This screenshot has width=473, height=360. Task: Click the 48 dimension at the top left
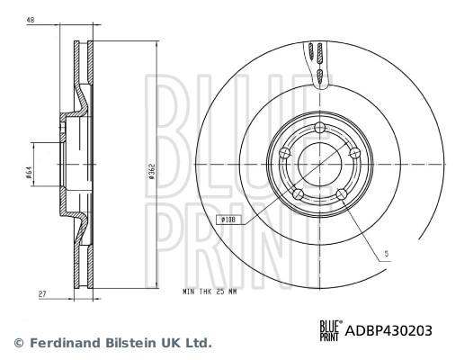tap(30, 19)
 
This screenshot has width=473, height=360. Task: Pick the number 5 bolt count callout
tap(385, 256)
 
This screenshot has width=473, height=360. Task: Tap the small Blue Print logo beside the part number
tap(329, 330)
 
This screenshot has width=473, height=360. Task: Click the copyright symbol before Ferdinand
tap(17, 343)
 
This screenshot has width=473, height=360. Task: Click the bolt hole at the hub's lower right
tap(342, 193)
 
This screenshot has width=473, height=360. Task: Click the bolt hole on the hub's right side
tap(353, 152)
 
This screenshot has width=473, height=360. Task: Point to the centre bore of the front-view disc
tap(319, 165)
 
